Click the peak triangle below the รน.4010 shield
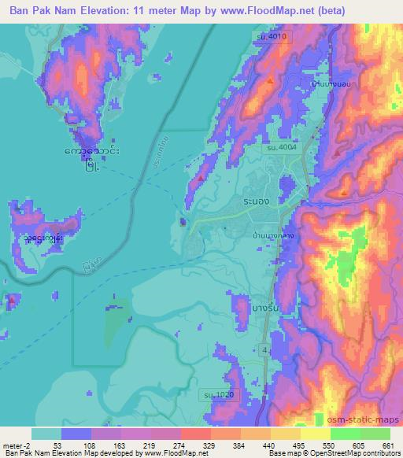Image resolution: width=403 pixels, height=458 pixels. point(270,79)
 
